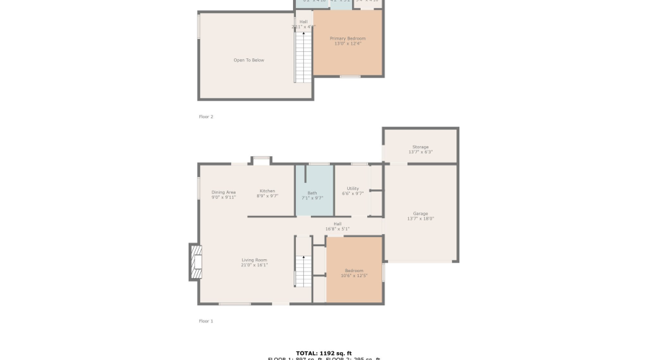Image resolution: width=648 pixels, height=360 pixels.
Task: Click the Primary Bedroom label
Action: coord(348,38)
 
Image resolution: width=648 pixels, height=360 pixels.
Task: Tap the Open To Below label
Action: coord(248,60)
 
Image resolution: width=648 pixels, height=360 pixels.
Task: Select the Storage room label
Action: coord(420,147)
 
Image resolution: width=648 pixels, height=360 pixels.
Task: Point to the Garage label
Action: coord(420,214)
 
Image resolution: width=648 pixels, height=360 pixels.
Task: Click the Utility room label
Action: coord(353,189)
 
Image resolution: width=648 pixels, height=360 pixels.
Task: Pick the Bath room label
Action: coord(312,192)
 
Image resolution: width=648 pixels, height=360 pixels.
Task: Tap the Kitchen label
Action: coord(267,191)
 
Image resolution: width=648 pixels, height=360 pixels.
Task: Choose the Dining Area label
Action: coord(223,192)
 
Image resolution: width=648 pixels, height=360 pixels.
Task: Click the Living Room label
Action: coord(254,260)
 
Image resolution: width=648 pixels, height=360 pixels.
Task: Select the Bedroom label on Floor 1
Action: coord(354,270)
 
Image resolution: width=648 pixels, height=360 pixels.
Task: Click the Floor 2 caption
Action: coord(206,116)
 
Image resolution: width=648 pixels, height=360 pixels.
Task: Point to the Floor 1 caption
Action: coord(206,321)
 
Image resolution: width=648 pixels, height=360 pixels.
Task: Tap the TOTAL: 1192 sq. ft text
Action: coord(323,353)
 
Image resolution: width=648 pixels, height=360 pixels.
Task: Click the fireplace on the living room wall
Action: coord(195,262)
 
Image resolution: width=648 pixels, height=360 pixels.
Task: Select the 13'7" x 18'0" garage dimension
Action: coord(421,219)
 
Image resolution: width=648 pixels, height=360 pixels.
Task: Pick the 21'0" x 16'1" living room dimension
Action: coord(254,265)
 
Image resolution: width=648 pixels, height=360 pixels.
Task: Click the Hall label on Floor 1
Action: coord(337,224)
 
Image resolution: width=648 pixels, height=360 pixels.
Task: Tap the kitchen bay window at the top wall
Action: coord(261,160)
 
